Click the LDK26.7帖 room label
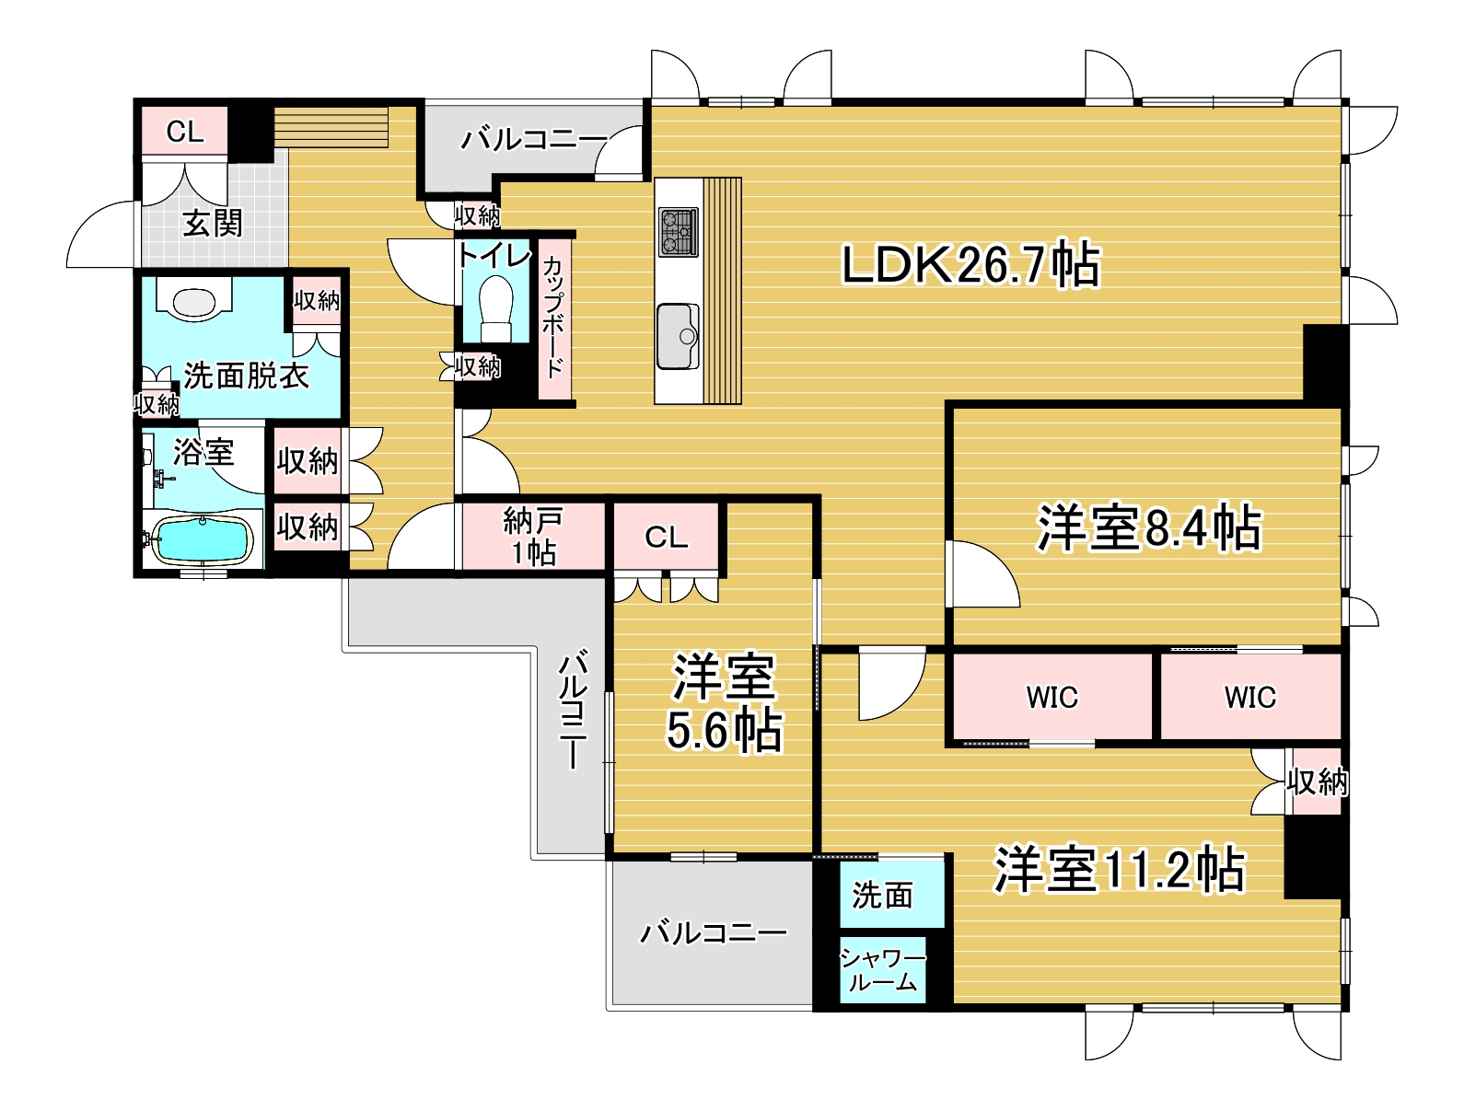(x=970, y=265)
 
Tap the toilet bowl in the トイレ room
(x=495, y=308)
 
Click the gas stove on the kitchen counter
(x=679, y=232)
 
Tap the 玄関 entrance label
(x=213, y=223)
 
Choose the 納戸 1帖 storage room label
(x=533, y=537)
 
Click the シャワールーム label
(x=882, y=970)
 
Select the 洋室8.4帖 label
(x=1148, y=528)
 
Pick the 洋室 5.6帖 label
(x=724, y=703)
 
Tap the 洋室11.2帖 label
(x=1119, y=869)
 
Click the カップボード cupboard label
(x=553, y=318)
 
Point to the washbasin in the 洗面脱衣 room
(x=193, y=302)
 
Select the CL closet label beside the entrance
(x=185, y=132)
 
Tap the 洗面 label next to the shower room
(x=882, y=895)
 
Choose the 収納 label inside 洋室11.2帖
(x=1317, y=781)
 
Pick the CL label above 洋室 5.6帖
(x=666, y=538)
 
